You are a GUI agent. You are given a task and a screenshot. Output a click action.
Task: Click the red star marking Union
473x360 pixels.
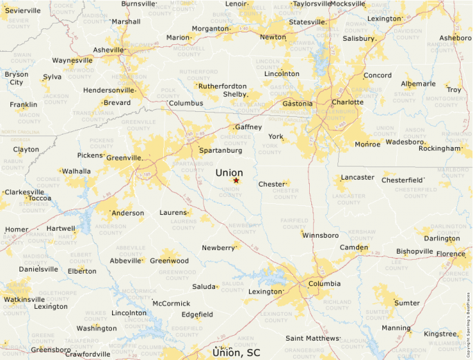tap(236, 180)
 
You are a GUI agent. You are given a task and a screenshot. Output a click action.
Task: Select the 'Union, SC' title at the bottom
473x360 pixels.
tap(236, 352)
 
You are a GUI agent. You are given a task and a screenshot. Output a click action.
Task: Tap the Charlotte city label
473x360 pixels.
tap(347, 102)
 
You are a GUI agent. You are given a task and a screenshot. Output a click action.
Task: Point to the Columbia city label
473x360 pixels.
tap(324, 283)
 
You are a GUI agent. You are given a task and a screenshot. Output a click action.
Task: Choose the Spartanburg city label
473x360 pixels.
tap(220, 150)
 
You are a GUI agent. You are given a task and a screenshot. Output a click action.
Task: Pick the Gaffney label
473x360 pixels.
tap(248, 127)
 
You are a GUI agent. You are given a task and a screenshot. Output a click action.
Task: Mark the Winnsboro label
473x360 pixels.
tap(320, 236)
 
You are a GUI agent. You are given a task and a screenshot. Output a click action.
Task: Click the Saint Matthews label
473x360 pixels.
tap(313, 338)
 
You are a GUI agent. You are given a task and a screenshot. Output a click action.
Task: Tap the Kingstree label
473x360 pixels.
tap(440, 334)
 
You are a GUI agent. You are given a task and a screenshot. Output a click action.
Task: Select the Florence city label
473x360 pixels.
tap(450, 254)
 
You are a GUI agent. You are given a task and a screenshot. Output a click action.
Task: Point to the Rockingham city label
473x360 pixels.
tap(439, 148)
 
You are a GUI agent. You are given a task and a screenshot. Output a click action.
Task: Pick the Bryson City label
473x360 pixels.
tap(16, 78)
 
